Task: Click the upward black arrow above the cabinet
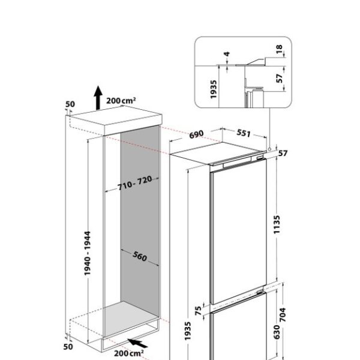(x=97, y=96)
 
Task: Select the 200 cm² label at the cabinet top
(x=120, y=101)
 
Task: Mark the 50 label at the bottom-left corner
(x=70, y=347)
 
